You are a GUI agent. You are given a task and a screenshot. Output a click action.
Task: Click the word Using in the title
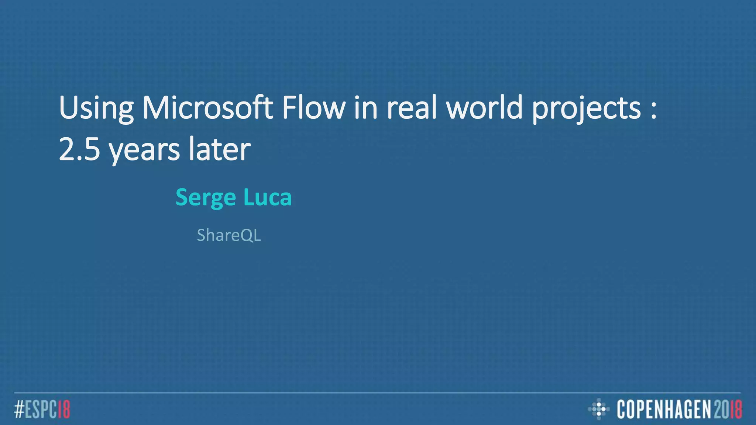click(x=96, y=108)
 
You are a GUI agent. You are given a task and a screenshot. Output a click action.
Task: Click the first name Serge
click(x=205, y=198)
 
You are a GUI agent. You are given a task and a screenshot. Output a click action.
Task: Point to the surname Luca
click(x=267, y=197)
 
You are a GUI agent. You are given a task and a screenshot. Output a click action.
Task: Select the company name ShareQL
click(x=229, y=235)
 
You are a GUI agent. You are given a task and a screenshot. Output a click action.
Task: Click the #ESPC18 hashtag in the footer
click(x=42, y=409)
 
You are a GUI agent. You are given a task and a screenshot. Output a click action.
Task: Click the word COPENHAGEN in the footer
click(x=664, y=409)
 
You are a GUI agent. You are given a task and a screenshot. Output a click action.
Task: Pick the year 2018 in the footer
click(x=728, y=409)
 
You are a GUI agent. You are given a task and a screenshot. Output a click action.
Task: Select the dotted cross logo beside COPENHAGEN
click(x=599, y=409)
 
